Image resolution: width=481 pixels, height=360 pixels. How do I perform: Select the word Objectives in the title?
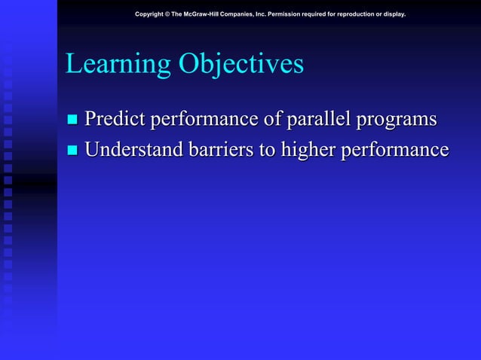[x=240, y=65]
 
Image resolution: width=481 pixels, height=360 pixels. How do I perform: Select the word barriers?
[x=219, y=150]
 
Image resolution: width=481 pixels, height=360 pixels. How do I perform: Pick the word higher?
[x=308, y=151]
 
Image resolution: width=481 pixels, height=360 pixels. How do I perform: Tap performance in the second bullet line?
[x=394, y=151]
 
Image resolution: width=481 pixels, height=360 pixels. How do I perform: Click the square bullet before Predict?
[x=72, y=121]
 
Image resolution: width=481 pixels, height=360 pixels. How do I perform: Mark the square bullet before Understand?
[x=72, y=151]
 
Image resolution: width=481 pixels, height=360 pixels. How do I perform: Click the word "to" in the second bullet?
[x=266, y=151]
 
